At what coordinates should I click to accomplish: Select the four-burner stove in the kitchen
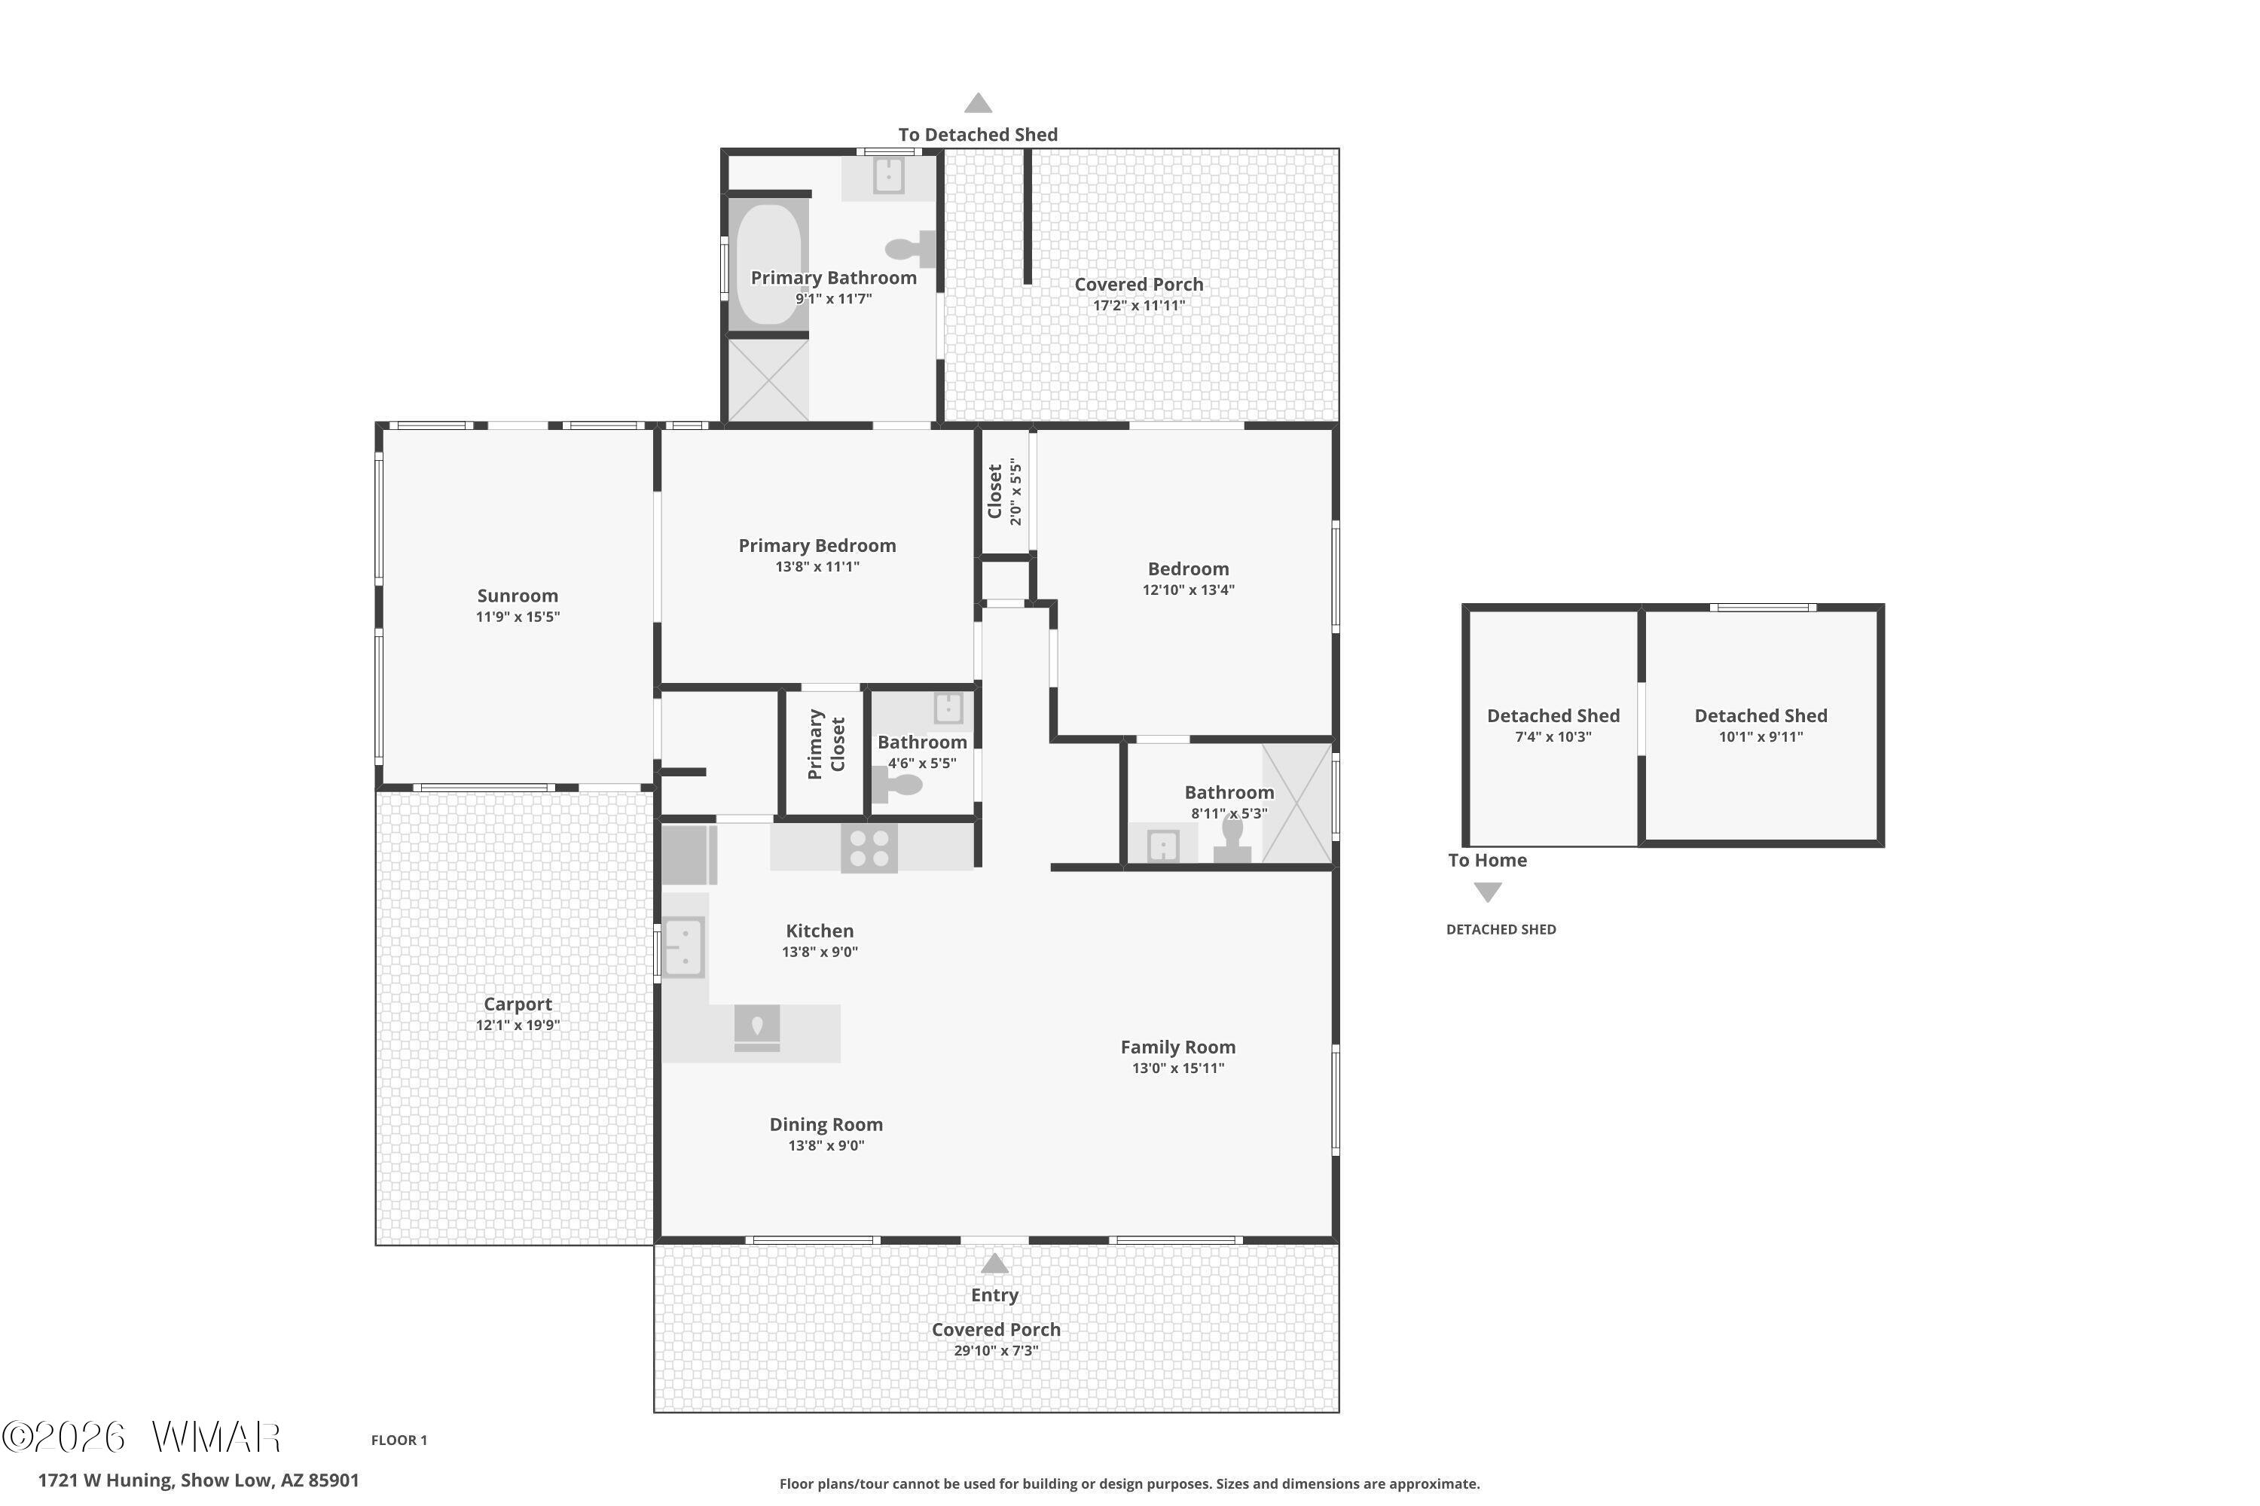[869, 848]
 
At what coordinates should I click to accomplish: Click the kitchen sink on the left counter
[683, 947]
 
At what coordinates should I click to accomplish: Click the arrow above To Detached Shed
[978, 102]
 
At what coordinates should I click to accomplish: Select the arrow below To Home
[1487, 892]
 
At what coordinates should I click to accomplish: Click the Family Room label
[1178, 1047]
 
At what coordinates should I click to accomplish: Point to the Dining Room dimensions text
[826, 1145]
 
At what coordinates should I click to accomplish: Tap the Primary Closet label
[826, 745]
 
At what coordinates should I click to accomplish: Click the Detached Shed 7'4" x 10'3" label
[1553, 725]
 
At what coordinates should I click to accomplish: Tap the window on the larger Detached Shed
[1762, 607]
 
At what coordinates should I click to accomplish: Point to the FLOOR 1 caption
[399, 1440]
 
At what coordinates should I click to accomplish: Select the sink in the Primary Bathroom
[888, 175]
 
